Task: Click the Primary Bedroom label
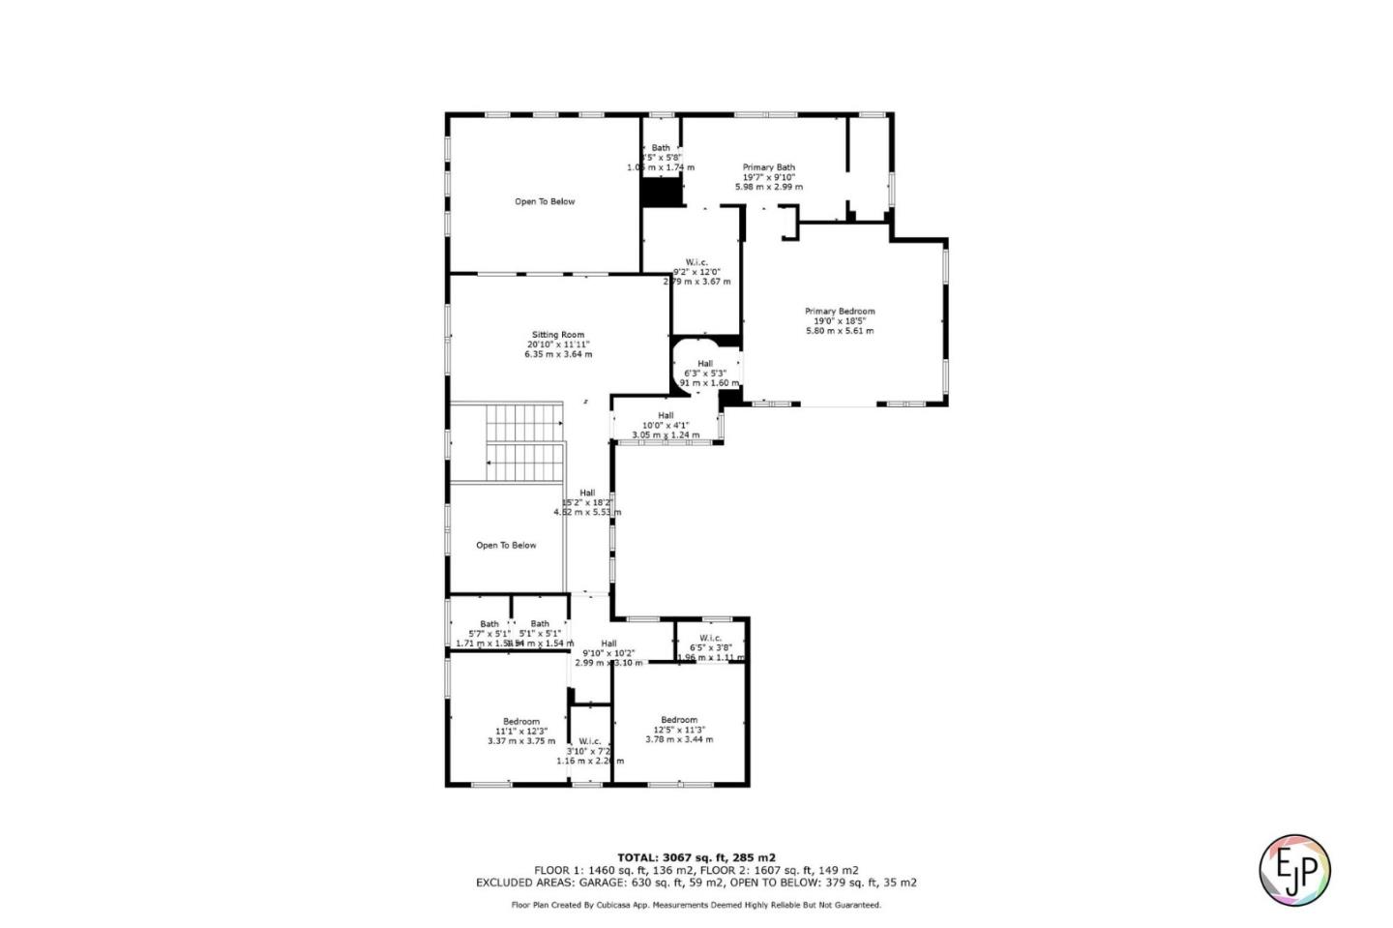click(x=840, y=312)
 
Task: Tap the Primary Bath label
click(x=769, y=167)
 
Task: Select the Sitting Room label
click(x=558, y=335)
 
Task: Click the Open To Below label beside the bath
click(x=545, y=202)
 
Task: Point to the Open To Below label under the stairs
click(x=506, y=546)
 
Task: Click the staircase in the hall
click(x=523, y=442)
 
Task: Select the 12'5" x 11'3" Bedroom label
click(x=679, y=720)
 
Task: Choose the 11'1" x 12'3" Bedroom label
click(x=521, y=722)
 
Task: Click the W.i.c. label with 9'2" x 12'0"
click(x=696, y=262)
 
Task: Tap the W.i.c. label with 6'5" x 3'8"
click(x=710, y=638)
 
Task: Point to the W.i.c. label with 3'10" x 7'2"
click(x=590, y=741)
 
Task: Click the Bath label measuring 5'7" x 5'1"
click(x=489, y=624)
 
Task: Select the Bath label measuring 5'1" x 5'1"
click(x=540, y=624)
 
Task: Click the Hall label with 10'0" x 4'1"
click(x=666, y=415)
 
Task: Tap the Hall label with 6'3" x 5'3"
click(x=705, y=364)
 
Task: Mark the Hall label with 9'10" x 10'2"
click(x=608, y=644)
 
